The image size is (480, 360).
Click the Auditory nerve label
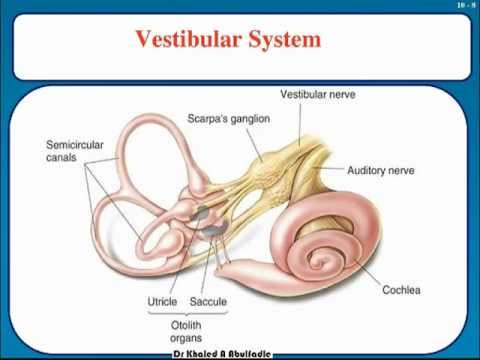point(380,171)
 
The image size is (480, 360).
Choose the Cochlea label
point(402,291)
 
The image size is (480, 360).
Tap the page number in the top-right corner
point(458,6)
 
